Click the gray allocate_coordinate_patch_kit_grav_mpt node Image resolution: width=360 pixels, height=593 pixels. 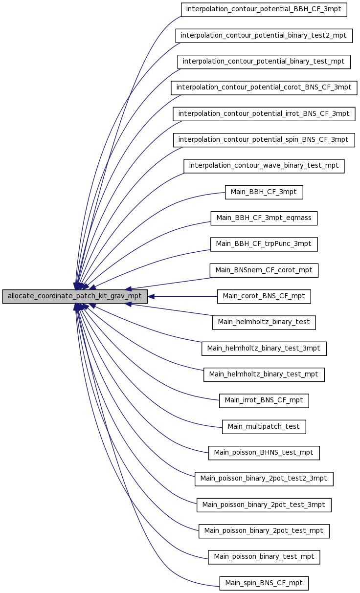75,296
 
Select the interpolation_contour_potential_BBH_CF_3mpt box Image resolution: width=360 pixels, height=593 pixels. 264,9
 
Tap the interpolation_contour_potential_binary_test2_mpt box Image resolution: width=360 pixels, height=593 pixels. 264,36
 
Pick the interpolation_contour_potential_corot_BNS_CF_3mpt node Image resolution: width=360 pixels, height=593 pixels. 264,88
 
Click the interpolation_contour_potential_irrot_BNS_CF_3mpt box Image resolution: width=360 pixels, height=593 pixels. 264,114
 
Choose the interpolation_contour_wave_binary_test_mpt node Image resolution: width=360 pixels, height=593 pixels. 264,166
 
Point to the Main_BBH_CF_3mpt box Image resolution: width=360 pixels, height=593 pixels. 264,192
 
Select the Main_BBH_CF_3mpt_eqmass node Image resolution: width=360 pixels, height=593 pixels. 264,218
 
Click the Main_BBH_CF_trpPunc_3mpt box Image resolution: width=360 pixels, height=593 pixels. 264,244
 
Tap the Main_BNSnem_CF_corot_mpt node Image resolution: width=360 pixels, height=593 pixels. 264,270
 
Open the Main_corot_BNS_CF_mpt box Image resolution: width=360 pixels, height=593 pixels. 264,296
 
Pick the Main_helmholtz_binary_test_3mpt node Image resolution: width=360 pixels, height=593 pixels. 264,349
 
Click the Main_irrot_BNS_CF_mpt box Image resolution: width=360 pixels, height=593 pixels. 264,400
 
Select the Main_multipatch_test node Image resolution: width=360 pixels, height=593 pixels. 264,427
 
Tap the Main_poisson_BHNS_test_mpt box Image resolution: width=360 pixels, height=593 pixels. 264,453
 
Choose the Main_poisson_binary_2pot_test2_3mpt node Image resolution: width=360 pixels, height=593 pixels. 264,479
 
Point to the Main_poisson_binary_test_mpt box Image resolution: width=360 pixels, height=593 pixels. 264,557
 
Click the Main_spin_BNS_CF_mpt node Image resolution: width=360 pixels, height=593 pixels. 264,583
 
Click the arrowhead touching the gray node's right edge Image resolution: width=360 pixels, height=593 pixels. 151,296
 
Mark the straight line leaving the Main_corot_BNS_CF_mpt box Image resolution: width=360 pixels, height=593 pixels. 186,296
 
